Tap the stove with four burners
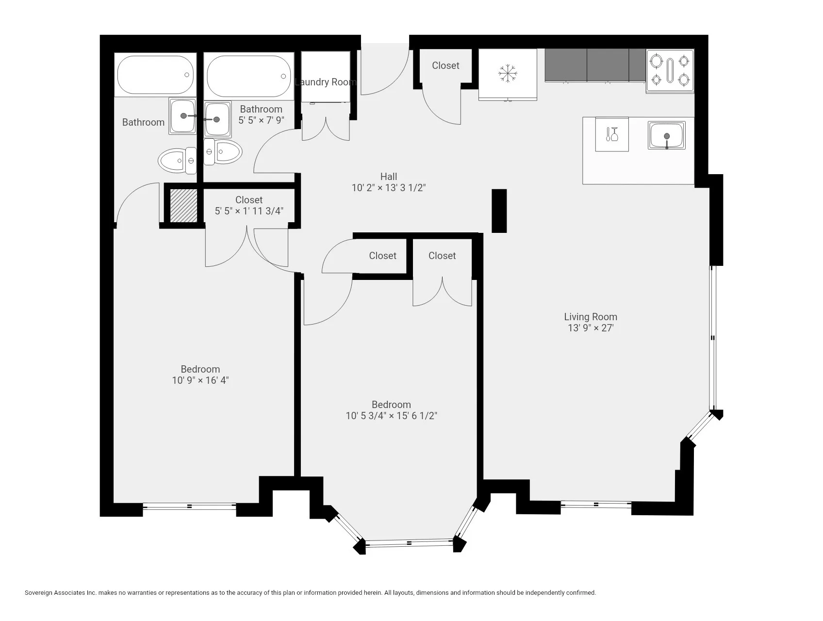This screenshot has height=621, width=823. (x=670, y=71)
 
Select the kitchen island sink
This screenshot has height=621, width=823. (x=666, y=135)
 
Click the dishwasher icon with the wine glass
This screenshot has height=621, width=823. (x=612, y=134)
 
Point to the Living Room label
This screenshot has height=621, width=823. (x=590, y=317)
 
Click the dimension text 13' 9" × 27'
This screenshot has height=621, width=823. (x=590, y=328)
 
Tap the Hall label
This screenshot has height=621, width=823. (x=388, y=177)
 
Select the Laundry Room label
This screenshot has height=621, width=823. (x=325, y=82)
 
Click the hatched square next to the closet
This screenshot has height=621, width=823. (x=183, y=206)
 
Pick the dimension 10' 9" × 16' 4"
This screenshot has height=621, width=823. (x=200, y=380)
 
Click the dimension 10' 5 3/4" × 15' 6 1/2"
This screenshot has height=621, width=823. (x=391, y=416)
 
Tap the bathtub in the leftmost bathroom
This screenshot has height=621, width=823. (x=155, y=75)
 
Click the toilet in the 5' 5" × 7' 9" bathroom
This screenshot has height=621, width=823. (x=223, y=151)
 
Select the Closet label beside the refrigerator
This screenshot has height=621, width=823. (x=445, y=65)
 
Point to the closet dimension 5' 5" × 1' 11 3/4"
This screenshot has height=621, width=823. (x=248, y=211)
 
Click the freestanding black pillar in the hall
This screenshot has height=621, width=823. (x=499, y=211)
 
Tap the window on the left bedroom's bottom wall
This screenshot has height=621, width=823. (x=189, y=506)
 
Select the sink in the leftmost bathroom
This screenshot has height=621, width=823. (x=182, y=116)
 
